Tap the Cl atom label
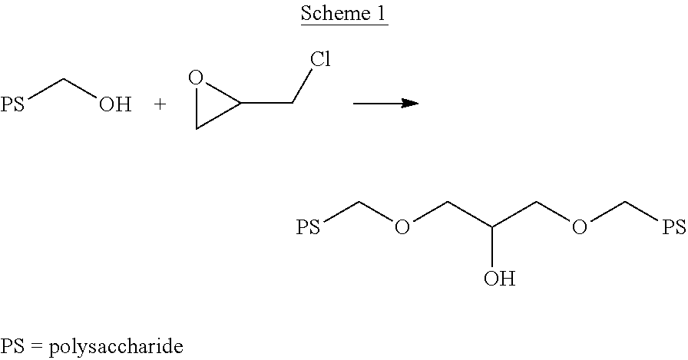(x=320, y=60)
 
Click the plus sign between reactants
(x=160, y=104)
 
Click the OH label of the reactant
(x=114, y=104)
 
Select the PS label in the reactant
(x=13, y=104)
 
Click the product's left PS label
(x=308, y=227)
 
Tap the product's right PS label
(x=673, y=227)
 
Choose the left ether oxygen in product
(x=402, y=227)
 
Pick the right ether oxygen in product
(x=580, y=227)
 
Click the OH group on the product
(x=498, y=277)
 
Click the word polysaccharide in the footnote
(x=116, y=346)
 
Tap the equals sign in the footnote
(x=36, y=346)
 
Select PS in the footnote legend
(x=13, y=346)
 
